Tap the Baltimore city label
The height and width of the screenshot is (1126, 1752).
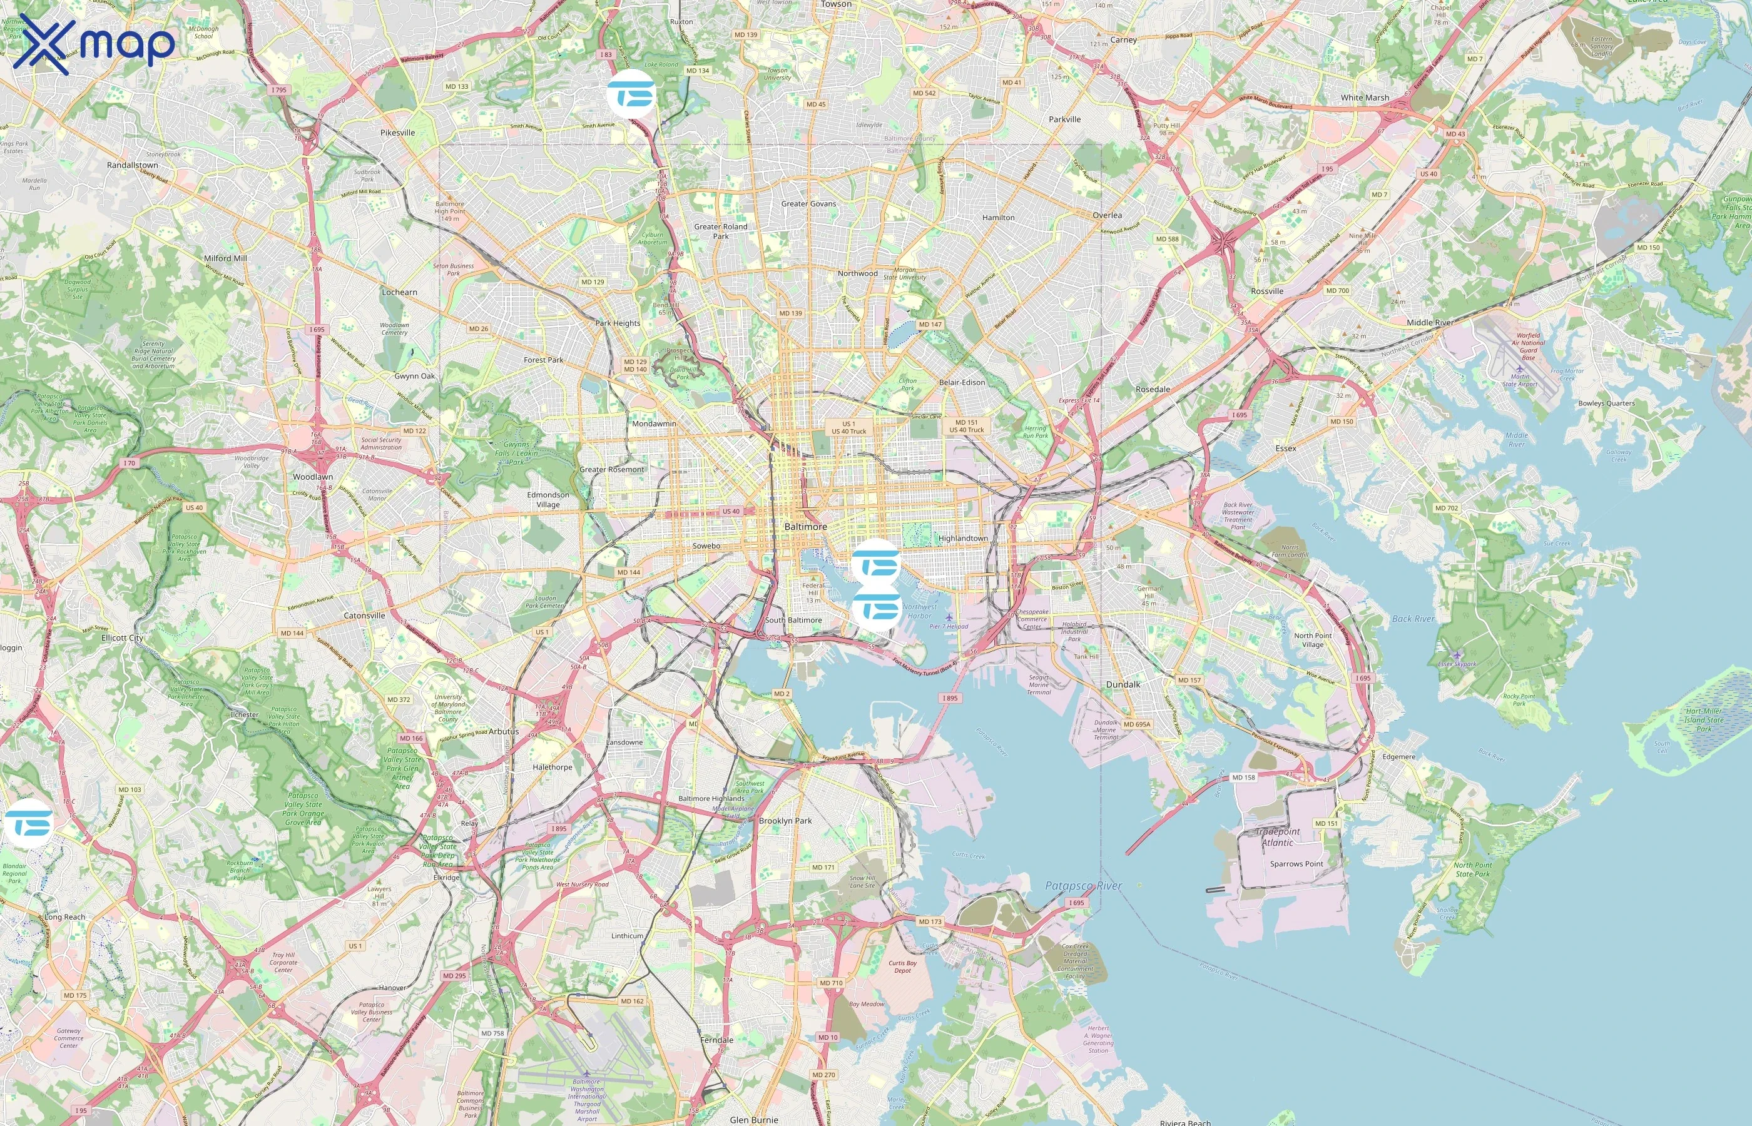click(x=805, y=527)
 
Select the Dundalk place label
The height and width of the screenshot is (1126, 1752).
click(x=1123, y=684)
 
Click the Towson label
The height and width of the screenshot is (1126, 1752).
click(x=836, y=4)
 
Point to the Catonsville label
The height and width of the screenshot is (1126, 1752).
click(x=364, y=616)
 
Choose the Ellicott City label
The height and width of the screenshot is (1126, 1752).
click(x=122, y=637)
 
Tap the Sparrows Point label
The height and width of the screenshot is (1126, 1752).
click(x=1296, y=863)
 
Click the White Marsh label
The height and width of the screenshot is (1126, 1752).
click(x=1365, y=97)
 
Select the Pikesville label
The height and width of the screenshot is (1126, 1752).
click(x=397, y=133)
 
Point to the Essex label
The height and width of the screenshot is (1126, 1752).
click(x=1285, y=448)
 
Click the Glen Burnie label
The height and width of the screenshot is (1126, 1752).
click(x=754, y=1119)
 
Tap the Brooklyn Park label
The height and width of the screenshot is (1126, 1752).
click(x=785, y=820)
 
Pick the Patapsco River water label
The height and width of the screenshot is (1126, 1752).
click(x=1083, y=885)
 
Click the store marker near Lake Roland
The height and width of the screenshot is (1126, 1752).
click(x=631, y=94)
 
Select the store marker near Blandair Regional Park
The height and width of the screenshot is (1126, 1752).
click(x=29, y=823)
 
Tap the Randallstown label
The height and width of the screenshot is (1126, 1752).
click(x=133, y=165)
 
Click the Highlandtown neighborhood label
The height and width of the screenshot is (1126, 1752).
click(x=962, y=538)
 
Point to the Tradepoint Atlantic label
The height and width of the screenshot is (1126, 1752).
click(x=1278, y=836)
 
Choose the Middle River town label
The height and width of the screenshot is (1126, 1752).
click(x=1430, y=322)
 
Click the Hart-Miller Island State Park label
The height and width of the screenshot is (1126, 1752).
click(x=1704, y=719)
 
